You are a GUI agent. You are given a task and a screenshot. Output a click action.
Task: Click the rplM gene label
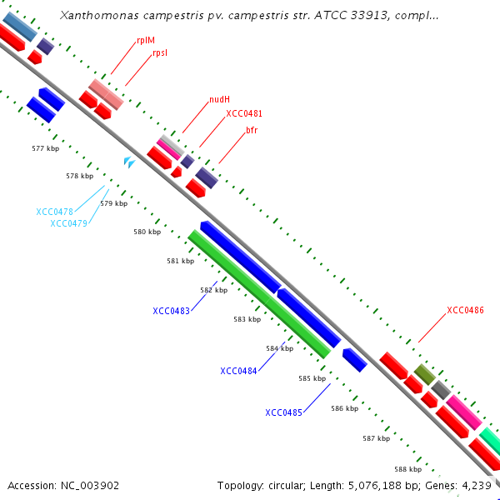click(146, 41)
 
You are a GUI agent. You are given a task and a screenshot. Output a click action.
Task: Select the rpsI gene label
click(160, 53)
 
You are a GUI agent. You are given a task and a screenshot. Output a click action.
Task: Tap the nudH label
click(219, 99)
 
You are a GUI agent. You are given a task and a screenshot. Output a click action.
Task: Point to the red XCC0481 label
click(244, 114)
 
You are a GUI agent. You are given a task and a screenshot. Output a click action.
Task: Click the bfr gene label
click(252, 130)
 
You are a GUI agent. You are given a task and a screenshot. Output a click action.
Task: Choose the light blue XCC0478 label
click(54, 212)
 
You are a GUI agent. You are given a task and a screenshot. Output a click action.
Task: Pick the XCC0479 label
click(69, 223)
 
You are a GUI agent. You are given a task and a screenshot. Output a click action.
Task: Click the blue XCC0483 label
click(171, 311)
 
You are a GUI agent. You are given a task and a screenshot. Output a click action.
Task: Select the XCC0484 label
click(238, 371)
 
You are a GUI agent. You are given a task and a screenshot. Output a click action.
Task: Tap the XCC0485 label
click(284, 412)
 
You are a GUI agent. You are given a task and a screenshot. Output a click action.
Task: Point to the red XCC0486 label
click(465, 310)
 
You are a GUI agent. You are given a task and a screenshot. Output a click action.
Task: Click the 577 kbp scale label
click(46, 148)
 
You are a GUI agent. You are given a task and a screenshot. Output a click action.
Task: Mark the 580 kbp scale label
click(147, 232)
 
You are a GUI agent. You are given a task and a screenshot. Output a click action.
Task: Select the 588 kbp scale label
click(408, 469)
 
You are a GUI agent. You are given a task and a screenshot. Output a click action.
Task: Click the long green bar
click(259, 294)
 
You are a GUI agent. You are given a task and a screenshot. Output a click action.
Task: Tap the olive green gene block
click(425, 374)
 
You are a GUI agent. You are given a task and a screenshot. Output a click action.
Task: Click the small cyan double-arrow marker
click(130, 162)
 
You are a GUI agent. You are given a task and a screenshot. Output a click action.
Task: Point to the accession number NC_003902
click(90, 486)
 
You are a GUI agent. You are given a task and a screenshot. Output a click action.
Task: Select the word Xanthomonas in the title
click(99, 15)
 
